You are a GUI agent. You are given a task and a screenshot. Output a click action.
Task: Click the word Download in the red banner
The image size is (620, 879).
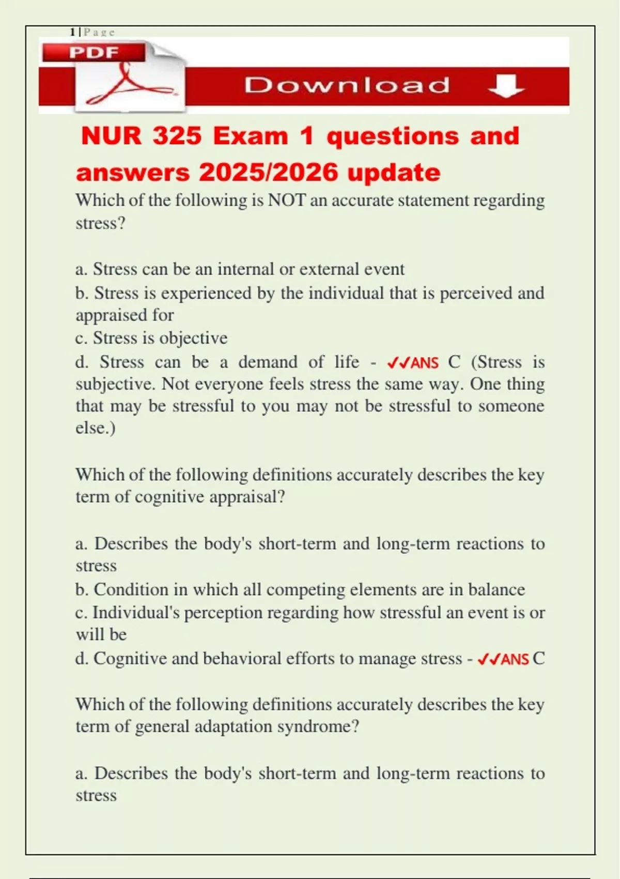point(347,85)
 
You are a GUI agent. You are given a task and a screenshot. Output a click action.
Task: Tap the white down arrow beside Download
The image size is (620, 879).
point(506,85)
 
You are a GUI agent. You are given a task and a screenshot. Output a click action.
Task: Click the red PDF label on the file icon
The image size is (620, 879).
point(94,52)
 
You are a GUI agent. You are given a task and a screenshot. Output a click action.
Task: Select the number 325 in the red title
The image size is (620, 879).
point(177,136)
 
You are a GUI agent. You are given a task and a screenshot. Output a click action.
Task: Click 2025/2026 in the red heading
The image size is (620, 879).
point(268,172)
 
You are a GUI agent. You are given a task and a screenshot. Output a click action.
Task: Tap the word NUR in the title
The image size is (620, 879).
point(111,136)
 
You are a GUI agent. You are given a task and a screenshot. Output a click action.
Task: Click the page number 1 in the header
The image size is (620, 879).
point(72,32)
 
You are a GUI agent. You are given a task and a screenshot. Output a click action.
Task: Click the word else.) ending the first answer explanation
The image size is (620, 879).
point(96,428)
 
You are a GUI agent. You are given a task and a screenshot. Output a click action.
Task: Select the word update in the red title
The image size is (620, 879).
point(394,172)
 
